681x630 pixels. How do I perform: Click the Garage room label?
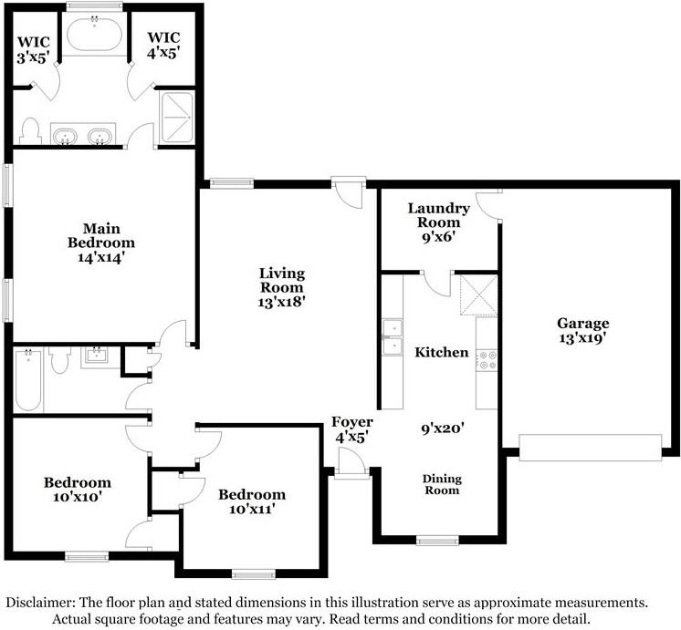tap(582, 331)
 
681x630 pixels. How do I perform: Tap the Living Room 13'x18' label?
tap(282, 287)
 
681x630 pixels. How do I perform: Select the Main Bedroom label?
tap(101, 243)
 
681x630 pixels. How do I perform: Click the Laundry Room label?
tap(439, 222)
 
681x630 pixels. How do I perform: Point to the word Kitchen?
tap(442, 352)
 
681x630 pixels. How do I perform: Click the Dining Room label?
tap(442, 485)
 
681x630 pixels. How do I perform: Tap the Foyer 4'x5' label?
tap(352, 429)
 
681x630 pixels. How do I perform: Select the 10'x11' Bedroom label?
tap(252, 501)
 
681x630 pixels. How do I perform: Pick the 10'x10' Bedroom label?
tap(78, 490)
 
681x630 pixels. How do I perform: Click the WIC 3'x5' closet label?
tap(34, 50)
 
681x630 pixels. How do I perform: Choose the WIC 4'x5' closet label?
tap(163, 45)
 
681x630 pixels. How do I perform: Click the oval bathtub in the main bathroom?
tap(94, 34)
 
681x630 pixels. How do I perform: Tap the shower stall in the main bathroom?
tap(177, 117)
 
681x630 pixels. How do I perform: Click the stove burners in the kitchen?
tap(487, 360)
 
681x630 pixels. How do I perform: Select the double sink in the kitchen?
tap(393, 337)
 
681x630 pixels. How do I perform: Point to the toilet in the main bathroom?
tap(30, 131)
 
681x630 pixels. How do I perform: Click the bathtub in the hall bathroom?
tap(28, 380)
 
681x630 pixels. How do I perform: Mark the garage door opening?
tap(591, 448)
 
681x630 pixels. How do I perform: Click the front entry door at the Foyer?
tap(351, 463)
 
